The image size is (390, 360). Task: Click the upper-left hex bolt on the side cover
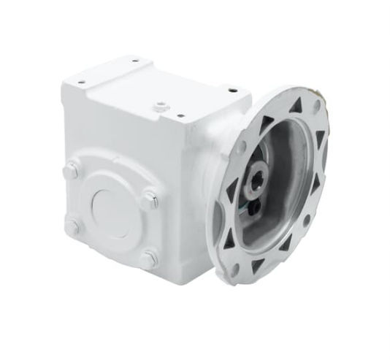(71, 171)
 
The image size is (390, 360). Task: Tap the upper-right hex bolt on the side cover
(150, 199)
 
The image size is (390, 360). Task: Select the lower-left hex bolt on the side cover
(72, 226)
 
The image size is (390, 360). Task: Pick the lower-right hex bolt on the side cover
(149, 258)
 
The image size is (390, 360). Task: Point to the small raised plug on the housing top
(160, 107)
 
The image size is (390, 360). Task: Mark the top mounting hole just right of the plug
(178, 114)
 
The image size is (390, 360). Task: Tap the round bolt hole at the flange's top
(316, 105)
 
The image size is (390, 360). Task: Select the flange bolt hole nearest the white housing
(241, 147)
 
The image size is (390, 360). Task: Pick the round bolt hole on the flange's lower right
(306, 218)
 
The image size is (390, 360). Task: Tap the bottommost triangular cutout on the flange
(258, 266)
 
